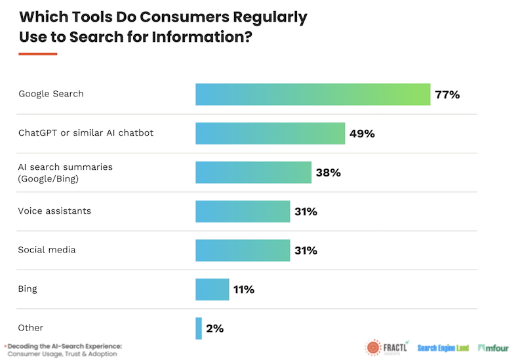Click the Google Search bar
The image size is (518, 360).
coord(312,94)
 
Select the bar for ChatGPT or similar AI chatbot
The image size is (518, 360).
coord(270,134)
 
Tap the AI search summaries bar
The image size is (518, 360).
coord(253,172)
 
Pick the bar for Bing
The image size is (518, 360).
coord(212,289)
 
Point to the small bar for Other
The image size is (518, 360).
coord(199,328)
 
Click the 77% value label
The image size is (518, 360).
coord(447,94)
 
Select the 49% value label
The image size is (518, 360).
coord(362,134)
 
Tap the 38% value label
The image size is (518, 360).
coord(328,172)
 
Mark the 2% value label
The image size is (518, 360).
coord(215,328)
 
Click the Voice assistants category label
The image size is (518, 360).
coord(54,211)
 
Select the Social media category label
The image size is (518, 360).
coord(47,250)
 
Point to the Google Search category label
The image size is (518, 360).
coord(51,94)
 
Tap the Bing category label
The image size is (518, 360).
coord(28,289)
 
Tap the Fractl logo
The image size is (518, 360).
coord(387,348)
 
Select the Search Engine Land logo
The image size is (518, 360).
coord(443,348)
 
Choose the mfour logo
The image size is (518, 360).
coord(493,348)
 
